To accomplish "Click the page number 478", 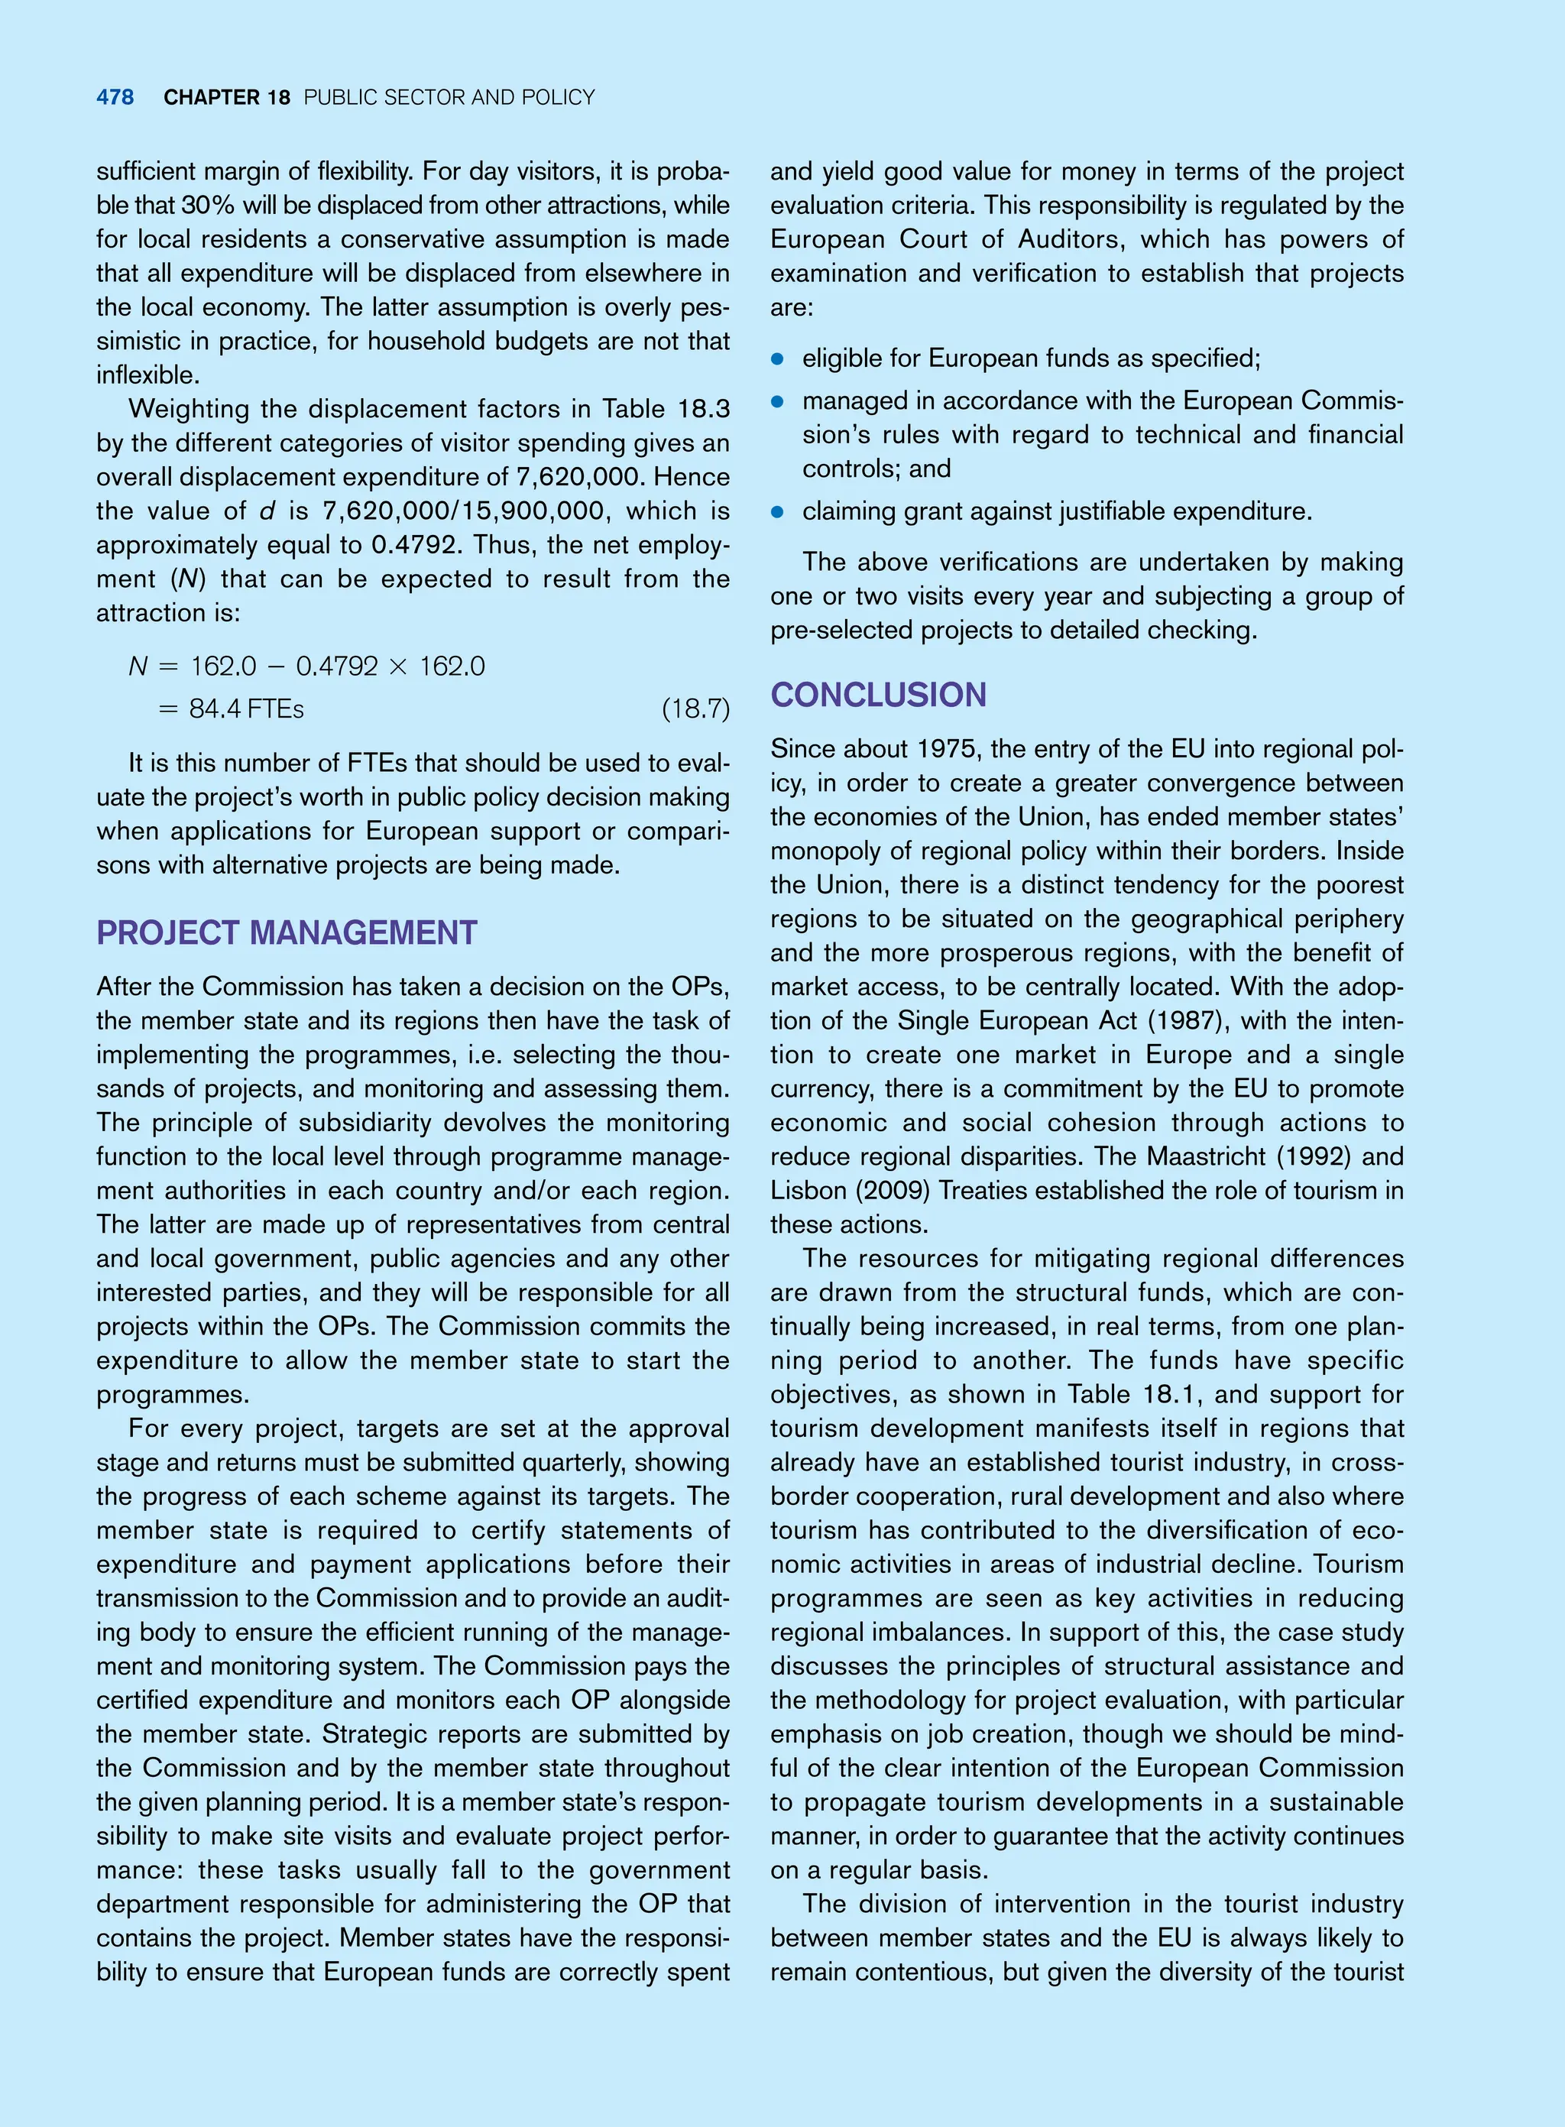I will click(x=115, y=98).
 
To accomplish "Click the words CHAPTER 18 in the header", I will click(x=226, y=98).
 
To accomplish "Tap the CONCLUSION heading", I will click(x=878, y=695).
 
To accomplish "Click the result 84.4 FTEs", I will click(x=246, y=708).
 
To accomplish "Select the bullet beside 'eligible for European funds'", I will click(x=778, y=359).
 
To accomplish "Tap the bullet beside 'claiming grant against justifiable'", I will click(x=778, y=511).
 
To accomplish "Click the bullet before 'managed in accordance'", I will click(x=778, y=402).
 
